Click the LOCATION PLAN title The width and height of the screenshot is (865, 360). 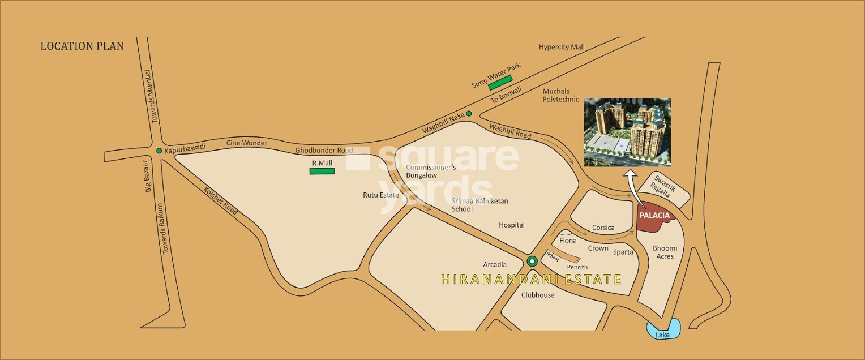pyautogui.click(x=82, y=46)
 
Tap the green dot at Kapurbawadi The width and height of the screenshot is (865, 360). pyautogui.click(x=159, y=151)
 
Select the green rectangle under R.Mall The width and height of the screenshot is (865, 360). pyautogui.click(x=322, y=171)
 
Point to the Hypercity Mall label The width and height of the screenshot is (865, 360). pyautogui.click(x=562, y=47)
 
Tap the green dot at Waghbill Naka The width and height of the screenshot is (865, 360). pyautogui.click(x=469, y=114)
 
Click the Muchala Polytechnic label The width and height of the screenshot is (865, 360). pyautogui.click(x=560, y=95)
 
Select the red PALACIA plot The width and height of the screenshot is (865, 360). pyautogui.click(x=653, y=218)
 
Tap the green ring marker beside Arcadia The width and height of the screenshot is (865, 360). pyautogui.click(x=532, y=262)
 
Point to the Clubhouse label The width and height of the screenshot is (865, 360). pyautogui.click(x=538, y=295)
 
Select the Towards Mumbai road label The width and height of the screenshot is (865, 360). pyautogui.click(x=149, y=96)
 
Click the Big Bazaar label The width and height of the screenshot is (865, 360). pyautogui.click(x=148, y=176)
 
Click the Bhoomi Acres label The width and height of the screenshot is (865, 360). pyautogui.click(x=665, y=252)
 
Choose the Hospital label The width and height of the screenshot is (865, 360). pyautogui.click(x=511, y=225)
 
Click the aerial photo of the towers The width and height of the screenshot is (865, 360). pyautogui.click(x=627, y=132)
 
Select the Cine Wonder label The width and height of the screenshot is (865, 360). pyautogui.click(x=246, y=143)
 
